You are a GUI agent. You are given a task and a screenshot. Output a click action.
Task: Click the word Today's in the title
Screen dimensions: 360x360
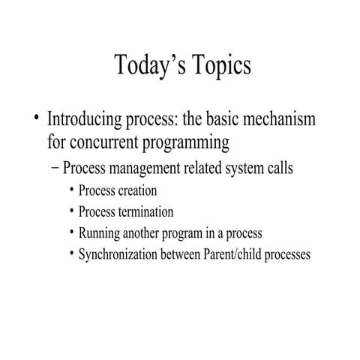click(146, 66)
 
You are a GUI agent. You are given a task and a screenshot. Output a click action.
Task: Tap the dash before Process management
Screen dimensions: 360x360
click(54, 167)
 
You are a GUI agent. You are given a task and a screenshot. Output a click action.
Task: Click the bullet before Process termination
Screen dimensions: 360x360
click(71, 211)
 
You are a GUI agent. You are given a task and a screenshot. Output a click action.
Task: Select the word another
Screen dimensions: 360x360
click(145, 233)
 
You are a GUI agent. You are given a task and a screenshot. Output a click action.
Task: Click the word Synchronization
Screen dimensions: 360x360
click(118, 254)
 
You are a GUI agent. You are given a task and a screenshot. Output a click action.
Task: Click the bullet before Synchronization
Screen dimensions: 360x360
click(71, 254)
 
